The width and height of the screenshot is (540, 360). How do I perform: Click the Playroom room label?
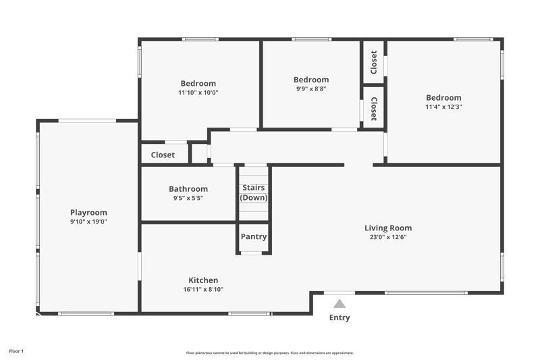[88, 212]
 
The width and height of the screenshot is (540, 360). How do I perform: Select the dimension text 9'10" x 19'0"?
[88, 222]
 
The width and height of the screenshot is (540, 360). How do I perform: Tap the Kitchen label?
[202, 280]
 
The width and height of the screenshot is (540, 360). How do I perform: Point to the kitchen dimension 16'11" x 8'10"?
[202, 290]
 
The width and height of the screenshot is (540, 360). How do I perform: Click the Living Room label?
[388, 228]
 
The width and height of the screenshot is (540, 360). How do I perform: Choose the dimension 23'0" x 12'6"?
[388, 237]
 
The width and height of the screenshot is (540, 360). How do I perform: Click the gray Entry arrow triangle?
[340, 304]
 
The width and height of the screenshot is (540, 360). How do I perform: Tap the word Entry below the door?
[340, 317]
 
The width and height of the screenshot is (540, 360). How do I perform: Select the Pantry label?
[254, 236]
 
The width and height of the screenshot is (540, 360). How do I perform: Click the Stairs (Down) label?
[254, 192]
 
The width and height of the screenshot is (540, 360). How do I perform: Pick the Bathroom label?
[188, 189]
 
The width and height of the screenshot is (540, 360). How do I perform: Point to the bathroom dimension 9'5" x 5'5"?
[188, 199]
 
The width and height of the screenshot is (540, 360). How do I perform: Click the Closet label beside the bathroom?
[163, 155]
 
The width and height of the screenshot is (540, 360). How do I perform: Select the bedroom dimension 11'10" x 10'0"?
[198, 93]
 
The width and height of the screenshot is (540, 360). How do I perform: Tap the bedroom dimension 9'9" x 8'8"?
[311, 88]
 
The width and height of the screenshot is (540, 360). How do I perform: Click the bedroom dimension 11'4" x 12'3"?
[443, 107]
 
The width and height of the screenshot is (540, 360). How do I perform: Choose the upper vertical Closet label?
[374, 62]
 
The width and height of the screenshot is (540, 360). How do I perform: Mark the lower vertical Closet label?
[374, 108]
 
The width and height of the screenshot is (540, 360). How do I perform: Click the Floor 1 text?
[16, 351]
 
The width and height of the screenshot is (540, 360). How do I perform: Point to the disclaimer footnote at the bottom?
[270, 353]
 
